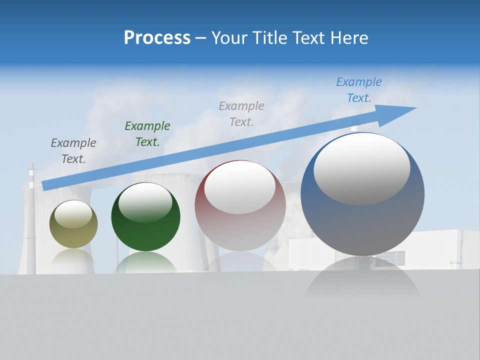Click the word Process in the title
pyautogui.click(x=157, y=37)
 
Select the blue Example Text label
pyautogui.click(x=358, y=90)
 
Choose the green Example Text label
pyautogui.click(x=147, y=133)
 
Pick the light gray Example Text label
pyautogui.click(x=241, y=113)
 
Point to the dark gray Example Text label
pyautogui.click(x=73, y=150)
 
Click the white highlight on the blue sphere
pyautogui.click(x=361, y=168)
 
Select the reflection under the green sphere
pyautogui.click(x=145, y=262)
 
